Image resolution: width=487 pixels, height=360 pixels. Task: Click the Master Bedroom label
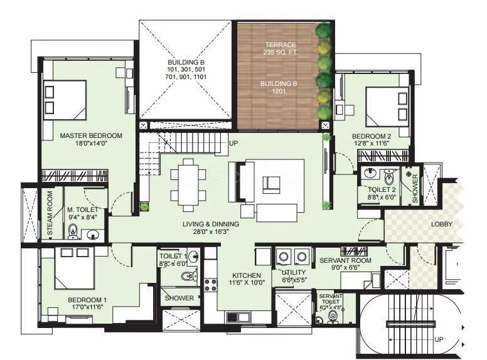click(91, 135)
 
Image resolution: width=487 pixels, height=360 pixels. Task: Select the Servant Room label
click(345, 260)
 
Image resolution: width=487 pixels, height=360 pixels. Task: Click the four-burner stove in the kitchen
click(210, 286)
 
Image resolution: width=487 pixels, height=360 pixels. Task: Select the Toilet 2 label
click(382, 190)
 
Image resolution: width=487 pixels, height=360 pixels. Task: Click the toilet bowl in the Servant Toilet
click(333, 317)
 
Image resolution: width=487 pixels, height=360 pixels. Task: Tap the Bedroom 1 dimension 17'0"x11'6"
click(87, 308)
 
